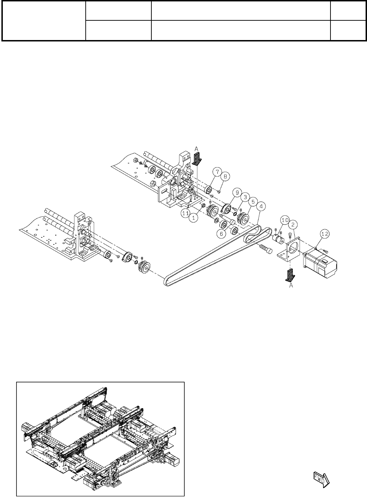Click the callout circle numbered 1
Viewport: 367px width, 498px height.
pos(192,218)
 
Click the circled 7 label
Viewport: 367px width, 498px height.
pos(217,172)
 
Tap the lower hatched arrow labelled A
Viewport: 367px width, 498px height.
pos(290,275)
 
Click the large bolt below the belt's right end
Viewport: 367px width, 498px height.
pos(266,250)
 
